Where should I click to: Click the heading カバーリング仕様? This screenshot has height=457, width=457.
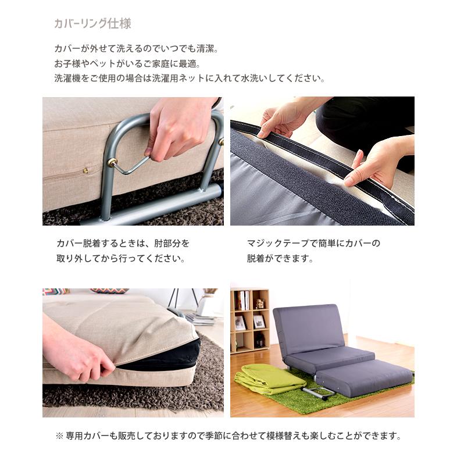point(92,24)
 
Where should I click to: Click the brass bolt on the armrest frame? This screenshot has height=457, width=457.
point(112,163)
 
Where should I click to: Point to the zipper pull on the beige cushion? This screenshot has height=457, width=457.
point(85,171)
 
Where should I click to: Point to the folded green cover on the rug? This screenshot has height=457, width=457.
point(268,379)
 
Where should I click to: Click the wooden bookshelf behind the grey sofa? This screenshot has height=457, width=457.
point(249,320)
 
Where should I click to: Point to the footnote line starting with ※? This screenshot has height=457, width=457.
point(228,435)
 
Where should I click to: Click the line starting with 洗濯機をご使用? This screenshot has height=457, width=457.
point(189,78)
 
